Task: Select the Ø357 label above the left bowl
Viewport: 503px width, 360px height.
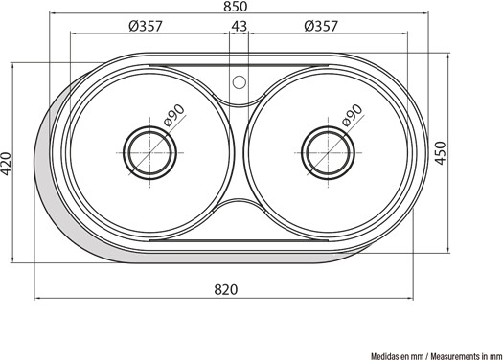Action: pos(146,26)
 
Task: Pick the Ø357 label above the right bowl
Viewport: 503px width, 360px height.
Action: pos(321,26)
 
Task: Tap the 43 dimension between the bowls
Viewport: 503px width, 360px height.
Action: pos(240,26)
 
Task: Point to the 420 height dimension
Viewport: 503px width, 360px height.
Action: pos(6,164)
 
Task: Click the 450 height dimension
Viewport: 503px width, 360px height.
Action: pos(441,153)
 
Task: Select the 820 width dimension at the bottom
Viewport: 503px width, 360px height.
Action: pos(226,289)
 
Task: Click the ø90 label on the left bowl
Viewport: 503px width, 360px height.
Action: pos(174,116)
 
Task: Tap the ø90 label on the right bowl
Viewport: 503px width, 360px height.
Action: pos(353,116)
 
